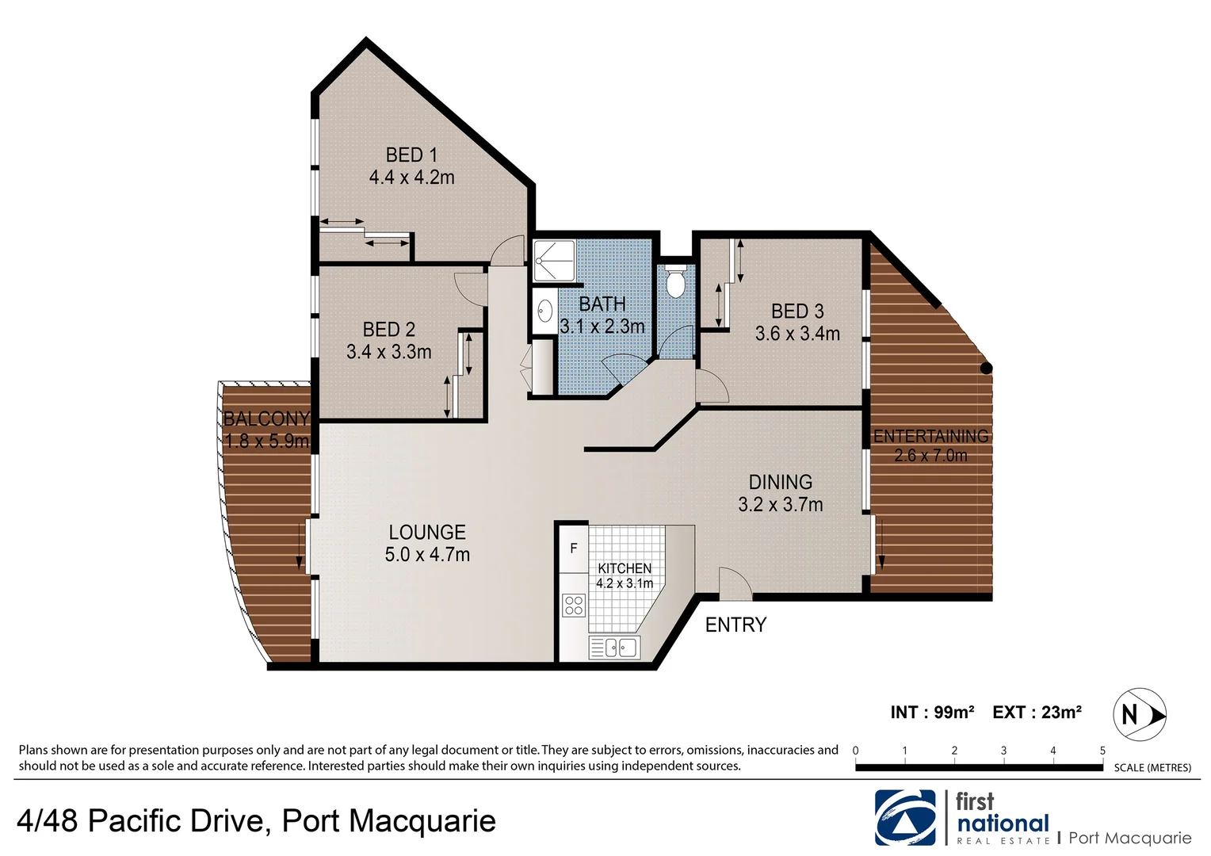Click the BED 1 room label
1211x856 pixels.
click(411, 155)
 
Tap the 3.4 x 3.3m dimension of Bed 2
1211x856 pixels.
click(388, 352)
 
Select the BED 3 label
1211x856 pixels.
click(797, 311)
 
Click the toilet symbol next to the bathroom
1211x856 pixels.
click(674, 283)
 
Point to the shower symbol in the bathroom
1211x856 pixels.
click(547, 260)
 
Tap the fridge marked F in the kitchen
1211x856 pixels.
click(573, 548)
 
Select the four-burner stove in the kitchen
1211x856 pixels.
click(573, 606)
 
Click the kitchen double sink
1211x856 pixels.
click(613, 648)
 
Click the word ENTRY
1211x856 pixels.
click(735, 625)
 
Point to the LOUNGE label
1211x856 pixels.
click(427, 533)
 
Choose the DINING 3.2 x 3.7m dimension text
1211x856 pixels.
click(781, 505)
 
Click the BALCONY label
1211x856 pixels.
click(266, 418)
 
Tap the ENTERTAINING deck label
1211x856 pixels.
click(931, 436)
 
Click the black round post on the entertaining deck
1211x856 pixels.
click(986, 368)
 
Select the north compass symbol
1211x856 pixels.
click(1140, 715)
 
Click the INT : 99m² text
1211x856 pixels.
click(932, 713)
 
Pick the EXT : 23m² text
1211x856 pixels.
click(1037, 713)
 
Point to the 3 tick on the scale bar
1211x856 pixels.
click(1003, 751)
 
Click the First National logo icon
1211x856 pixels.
click(904, 817)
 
